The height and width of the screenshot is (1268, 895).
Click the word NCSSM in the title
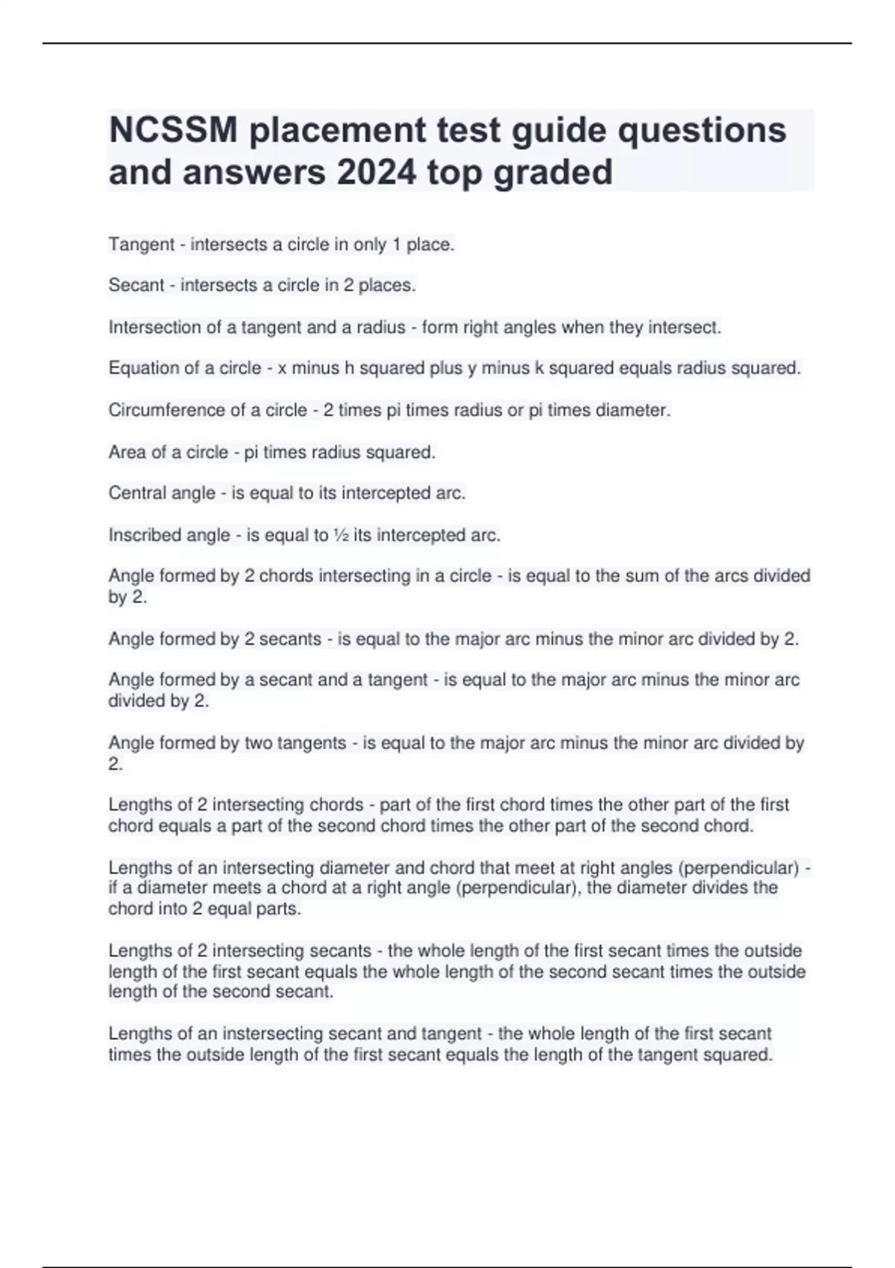click(x=173, y=131)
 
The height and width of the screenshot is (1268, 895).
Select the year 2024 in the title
click(x=376, y=172)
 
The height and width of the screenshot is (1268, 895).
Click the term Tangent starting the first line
click(x=142, y=245)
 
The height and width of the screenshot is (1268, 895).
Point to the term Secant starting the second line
click(x=136, y=285)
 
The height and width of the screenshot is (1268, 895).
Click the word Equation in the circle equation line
click(x=145, y=368)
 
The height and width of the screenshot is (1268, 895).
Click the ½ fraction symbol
click(x=341, y=536)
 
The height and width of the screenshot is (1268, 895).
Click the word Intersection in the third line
click(x=155, y=327)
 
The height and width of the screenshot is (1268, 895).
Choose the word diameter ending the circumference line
click(x=633, y=410)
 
